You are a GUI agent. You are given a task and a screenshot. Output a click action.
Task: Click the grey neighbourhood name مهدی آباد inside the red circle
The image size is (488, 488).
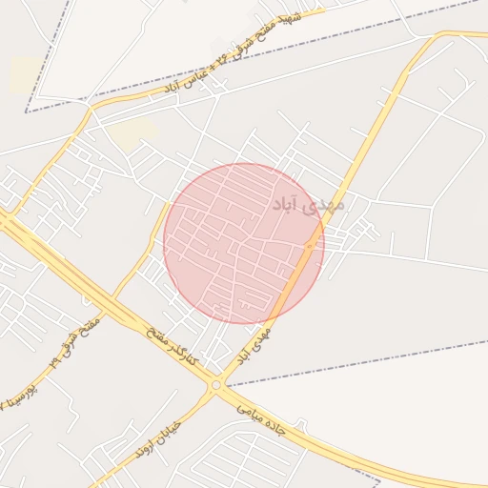point(310,204)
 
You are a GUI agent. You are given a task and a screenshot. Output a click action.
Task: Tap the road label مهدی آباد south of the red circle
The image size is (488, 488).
point(254,346)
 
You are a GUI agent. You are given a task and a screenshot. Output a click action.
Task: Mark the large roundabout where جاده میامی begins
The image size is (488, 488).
point(217,384)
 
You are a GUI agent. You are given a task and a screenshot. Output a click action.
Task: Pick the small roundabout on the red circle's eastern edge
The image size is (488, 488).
point(311,247)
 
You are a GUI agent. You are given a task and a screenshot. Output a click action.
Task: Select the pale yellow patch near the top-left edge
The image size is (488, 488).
point(24,75)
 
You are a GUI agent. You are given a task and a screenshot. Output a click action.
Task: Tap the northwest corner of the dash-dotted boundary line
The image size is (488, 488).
point(27,112)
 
